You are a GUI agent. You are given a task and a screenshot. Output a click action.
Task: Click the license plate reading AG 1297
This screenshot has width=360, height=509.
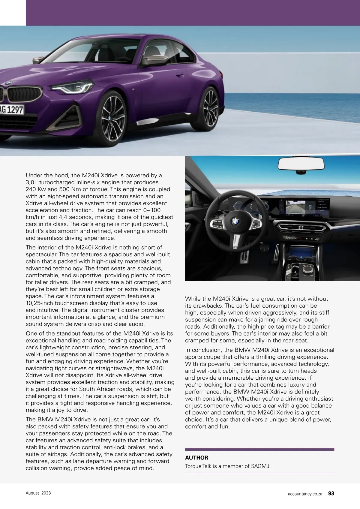point(12,110)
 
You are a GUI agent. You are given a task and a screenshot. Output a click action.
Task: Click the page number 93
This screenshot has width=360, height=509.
point(331,493)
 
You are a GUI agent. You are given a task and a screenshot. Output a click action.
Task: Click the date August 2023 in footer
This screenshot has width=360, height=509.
point(38,493)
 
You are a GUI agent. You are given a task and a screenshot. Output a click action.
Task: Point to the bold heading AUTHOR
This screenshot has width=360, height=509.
point(196,458)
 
